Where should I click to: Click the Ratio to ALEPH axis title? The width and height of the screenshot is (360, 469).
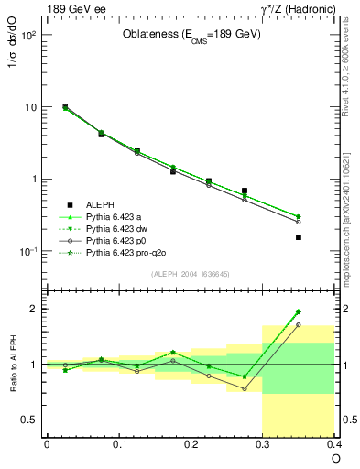(x=13, y=364)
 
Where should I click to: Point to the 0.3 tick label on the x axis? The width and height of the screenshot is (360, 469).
(x=263, y=445)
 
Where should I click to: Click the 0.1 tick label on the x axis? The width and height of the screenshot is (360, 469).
(x=118, y=445)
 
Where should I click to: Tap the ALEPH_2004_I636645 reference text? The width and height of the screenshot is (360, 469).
(x=190, y=275)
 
